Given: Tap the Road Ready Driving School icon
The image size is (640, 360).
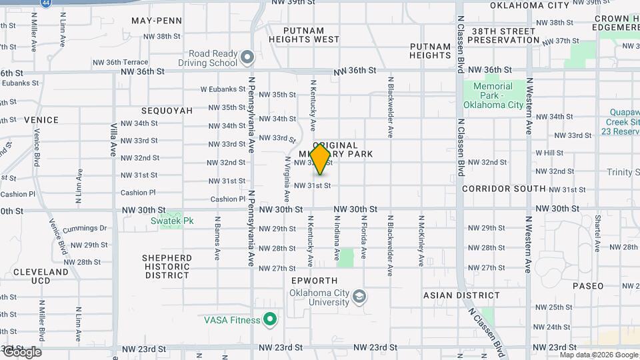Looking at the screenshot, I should coord(247,58).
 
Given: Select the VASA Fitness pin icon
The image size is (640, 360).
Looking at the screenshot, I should coord(270,321).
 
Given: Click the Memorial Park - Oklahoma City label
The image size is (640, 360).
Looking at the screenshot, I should coord(493,95).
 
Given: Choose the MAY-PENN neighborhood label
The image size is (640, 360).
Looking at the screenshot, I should coord(157,21).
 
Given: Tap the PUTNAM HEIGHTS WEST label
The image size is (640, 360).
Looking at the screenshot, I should coord(305,35).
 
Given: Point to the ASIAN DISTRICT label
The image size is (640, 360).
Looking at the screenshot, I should coord(461,295).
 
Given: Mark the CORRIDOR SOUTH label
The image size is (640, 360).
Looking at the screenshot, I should coord(505,189).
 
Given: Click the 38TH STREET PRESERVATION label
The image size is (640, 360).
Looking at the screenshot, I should coord(503,35).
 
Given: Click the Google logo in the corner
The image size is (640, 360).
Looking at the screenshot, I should coord(21,351).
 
